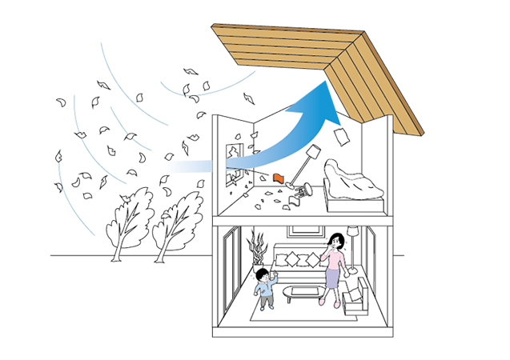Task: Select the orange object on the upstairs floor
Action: pos(279,177)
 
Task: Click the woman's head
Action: pos(336,241)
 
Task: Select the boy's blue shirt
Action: pos(263,291)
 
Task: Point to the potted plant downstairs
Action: pos(258,249)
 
